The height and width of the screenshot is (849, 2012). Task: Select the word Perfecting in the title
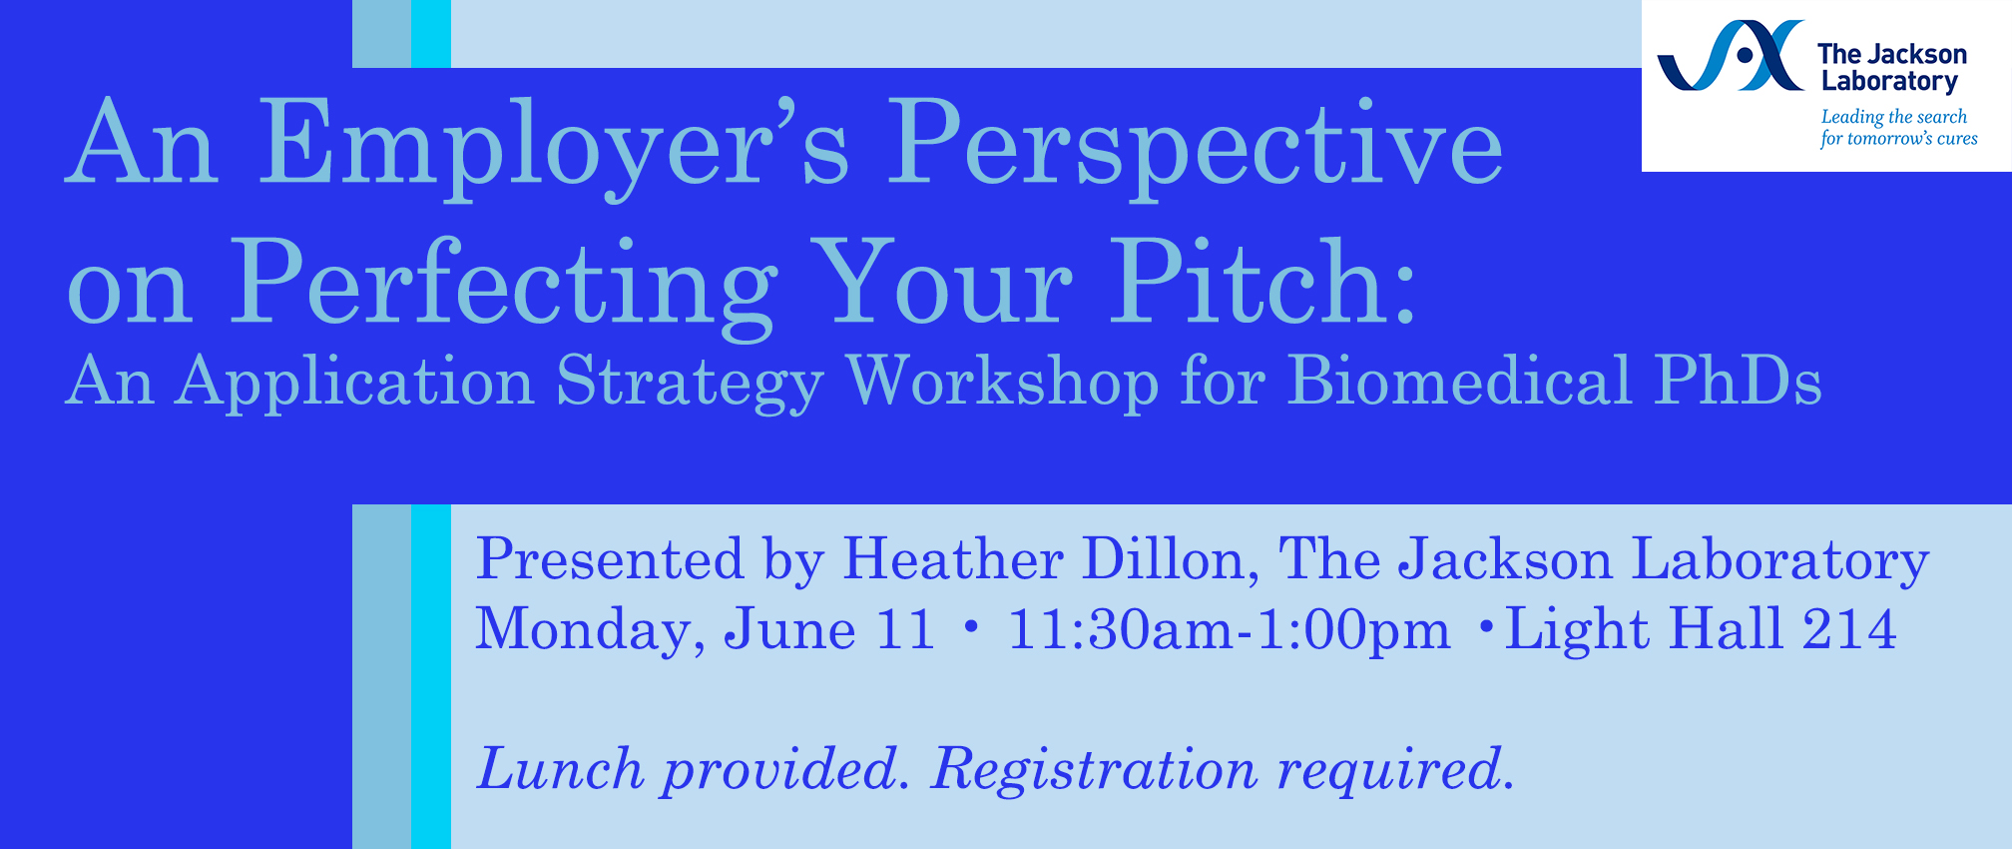tap(503, 285)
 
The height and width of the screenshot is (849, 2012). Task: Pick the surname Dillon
tap(1171, 559)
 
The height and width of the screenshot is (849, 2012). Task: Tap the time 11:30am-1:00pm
tap(1230, 630)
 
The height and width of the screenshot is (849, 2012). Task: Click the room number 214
tap(1849, 629)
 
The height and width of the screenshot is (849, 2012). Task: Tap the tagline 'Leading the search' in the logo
tap(1894, 117)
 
